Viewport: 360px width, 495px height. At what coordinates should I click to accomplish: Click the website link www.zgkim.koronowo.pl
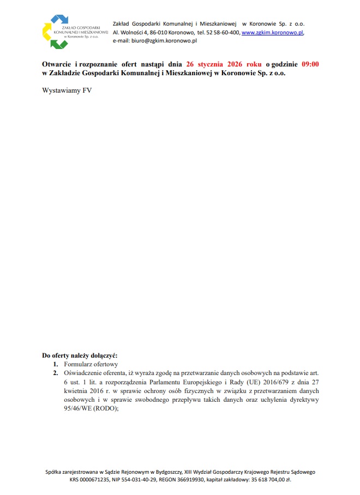[x=272, y=33]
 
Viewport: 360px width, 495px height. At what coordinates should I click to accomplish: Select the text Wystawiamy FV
[x=67, y=90]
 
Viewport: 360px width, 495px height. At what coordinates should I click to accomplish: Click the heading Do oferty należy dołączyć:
[x=79, y=355]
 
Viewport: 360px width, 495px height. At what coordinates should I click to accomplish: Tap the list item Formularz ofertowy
[x=91, y=364]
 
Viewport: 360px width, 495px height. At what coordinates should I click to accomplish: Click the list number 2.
[x=55, y=372]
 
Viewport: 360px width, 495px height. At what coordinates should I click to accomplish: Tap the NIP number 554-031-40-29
[x=143, y=480]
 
